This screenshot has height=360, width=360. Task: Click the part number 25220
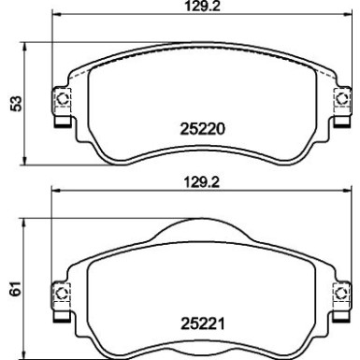(x=202, y=129)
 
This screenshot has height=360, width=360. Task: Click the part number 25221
(x=203, y=324)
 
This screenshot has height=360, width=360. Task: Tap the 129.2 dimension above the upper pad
(x=203, y=6)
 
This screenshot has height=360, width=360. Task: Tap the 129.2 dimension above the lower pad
(x=203, y=182)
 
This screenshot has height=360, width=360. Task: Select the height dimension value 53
(x=16, y=104)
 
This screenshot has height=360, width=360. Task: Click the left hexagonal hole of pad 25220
(x=63, y=99)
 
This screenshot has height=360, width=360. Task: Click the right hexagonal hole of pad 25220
(x=342, y=99)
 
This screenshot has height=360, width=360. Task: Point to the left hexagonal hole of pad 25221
(x=62, y=293)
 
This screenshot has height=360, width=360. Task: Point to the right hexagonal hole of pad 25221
(x=341, y=293)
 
